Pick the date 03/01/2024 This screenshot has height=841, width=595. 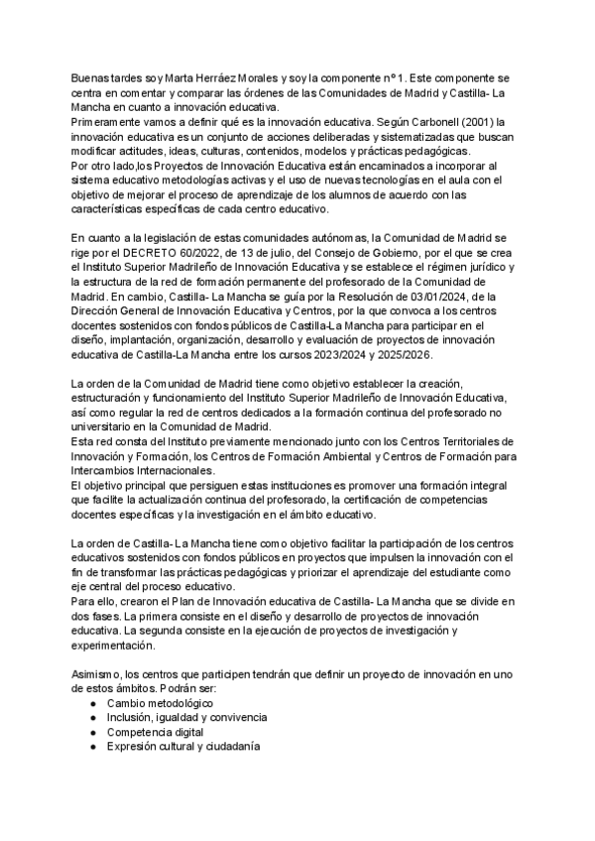(485, 297)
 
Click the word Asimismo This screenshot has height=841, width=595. (97, 675)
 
